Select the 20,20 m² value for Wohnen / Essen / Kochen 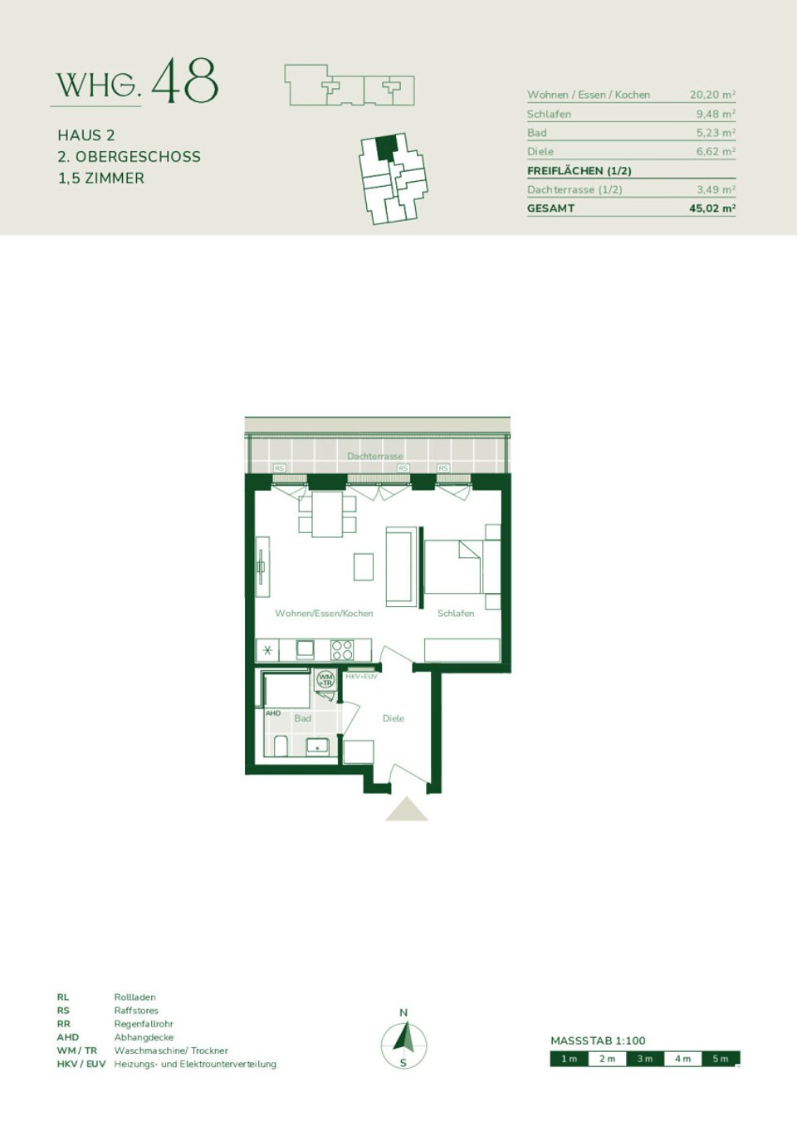(711, 95)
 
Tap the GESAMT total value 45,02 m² (711, 208)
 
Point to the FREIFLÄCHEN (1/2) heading (579, 170)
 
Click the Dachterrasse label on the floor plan (375, 456)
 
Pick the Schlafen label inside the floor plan (456, 613)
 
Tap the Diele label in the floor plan (394, 718)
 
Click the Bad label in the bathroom (302, 718)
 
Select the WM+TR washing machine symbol (325, 679)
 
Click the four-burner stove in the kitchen (342, 649)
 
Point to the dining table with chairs (327, 514)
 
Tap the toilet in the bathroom (281, 746)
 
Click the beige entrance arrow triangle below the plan (407, 810)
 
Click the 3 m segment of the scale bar (645, 1059)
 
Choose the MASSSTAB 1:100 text (598, 1040)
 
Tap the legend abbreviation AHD (68, 1037)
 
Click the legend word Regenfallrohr (144, 1024)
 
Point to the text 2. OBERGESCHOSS (129, 156)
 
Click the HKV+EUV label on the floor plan (361, 677)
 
